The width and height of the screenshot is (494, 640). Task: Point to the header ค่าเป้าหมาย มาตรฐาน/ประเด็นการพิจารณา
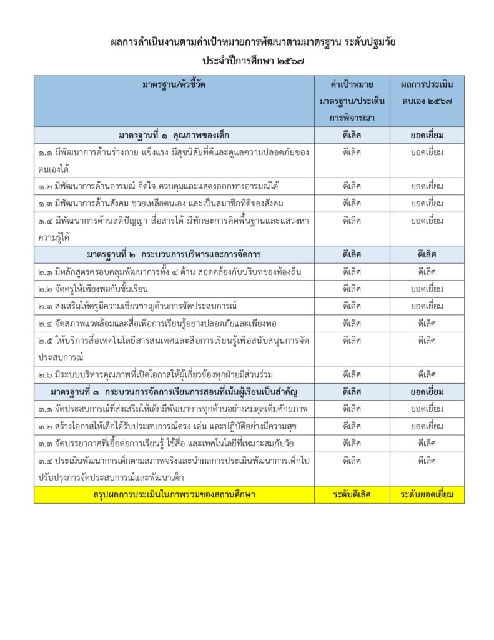click(x=352, y=100)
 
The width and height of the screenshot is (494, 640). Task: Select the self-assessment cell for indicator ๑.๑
click(x=427, y=152)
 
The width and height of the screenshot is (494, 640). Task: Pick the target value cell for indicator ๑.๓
click(x=352, y=203)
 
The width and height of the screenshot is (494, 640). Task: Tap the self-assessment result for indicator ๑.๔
click(x=427, y=220)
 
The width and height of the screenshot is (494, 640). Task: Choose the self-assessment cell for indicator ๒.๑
click(x=427, y=272)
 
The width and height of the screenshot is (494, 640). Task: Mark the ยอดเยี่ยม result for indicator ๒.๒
click(x=427, y=289)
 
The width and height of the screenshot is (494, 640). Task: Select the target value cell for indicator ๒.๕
click(x=352, y=340)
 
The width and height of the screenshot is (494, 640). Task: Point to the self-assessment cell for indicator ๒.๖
click(x=427, y=374)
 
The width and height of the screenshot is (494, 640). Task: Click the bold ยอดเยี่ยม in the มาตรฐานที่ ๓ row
click(x=427, y=391)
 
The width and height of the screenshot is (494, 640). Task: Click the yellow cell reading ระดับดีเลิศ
click(x=352, y=494)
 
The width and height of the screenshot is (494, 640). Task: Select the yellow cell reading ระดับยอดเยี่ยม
click(x=427, y=494)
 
